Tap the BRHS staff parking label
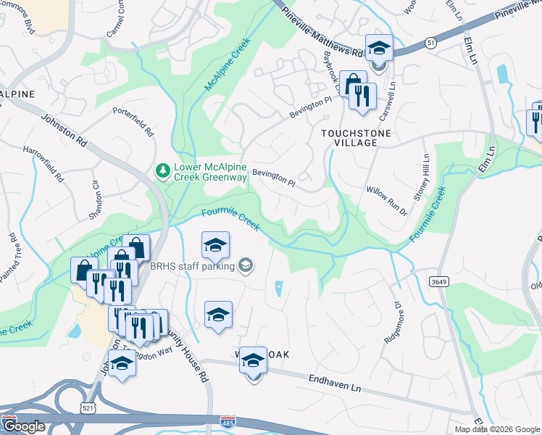(x=193, y=266)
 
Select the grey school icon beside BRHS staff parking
(x=246, y=266)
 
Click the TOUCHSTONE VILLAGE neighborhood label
(x=357, y=138)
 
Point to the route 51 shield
(x=431, y=43)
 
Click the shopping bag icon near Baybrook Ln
(x=353, y=83)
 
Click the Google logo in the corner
(x=24, y=426)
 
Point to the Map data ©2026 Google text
(x=497, y=429)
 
